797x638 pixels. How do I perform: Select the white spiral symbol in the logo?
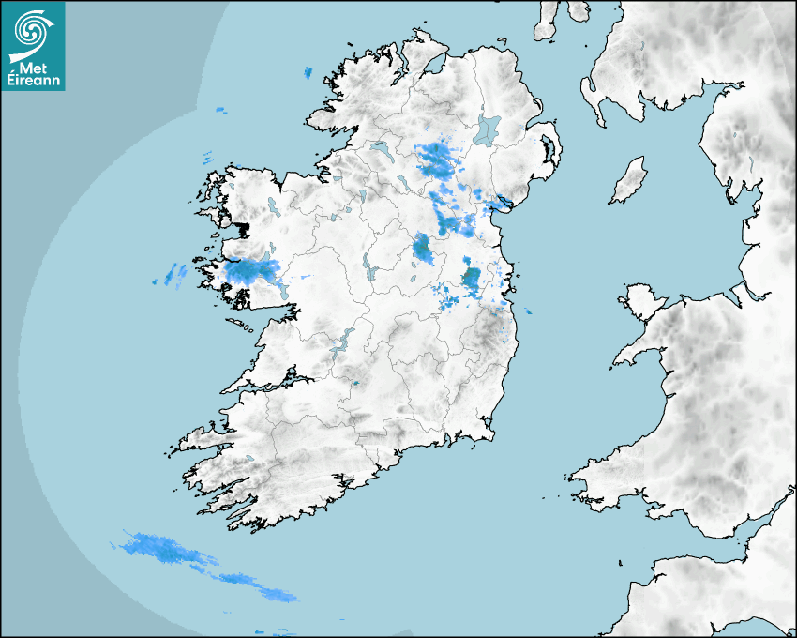[32, 33]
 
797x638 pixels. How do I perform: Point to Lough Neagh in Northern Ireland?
[489, 129]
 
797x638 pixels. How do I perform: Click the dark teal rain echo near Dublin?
[472, 279]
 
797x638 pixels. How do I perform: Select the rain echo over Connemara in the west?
[250, 272]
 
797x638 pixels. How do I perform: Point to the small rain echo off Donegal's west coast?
[221, 111]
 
